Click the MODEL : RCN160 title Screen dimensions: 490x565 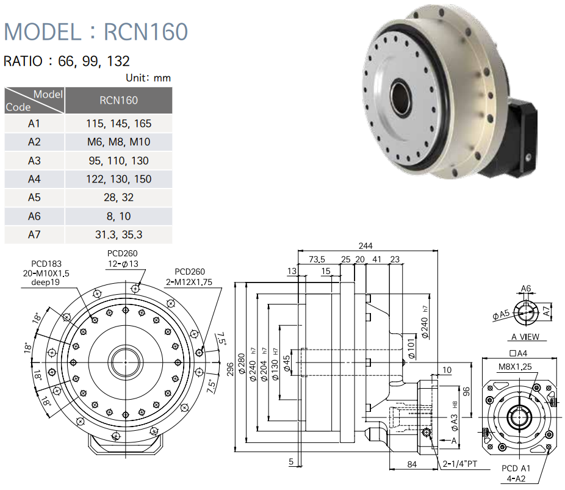click(96, 31)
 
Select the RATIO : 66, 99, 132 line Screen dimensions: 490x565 click(67, 61)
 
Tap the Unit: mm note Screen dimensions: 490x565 click(148, 77)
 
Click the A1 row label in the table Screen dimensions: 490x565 click(34, 123)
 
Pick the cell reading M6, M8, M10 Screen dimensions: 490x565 click(118, 142)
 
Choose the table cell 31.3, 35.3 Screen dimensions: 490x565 click(118, 234)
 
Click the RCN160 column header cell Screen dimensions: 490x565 click(118, 100)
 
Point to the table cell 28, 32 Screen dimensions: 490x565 click(118, 198)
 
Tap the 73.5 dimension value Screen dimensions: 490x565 click(317, 259)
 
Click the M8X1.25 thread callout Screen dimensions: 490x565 click(514, 367)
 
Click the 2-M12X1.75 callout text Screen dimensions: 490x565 click(190, 282)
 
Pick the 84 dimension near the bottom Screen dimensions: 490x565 click(412, 464)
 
